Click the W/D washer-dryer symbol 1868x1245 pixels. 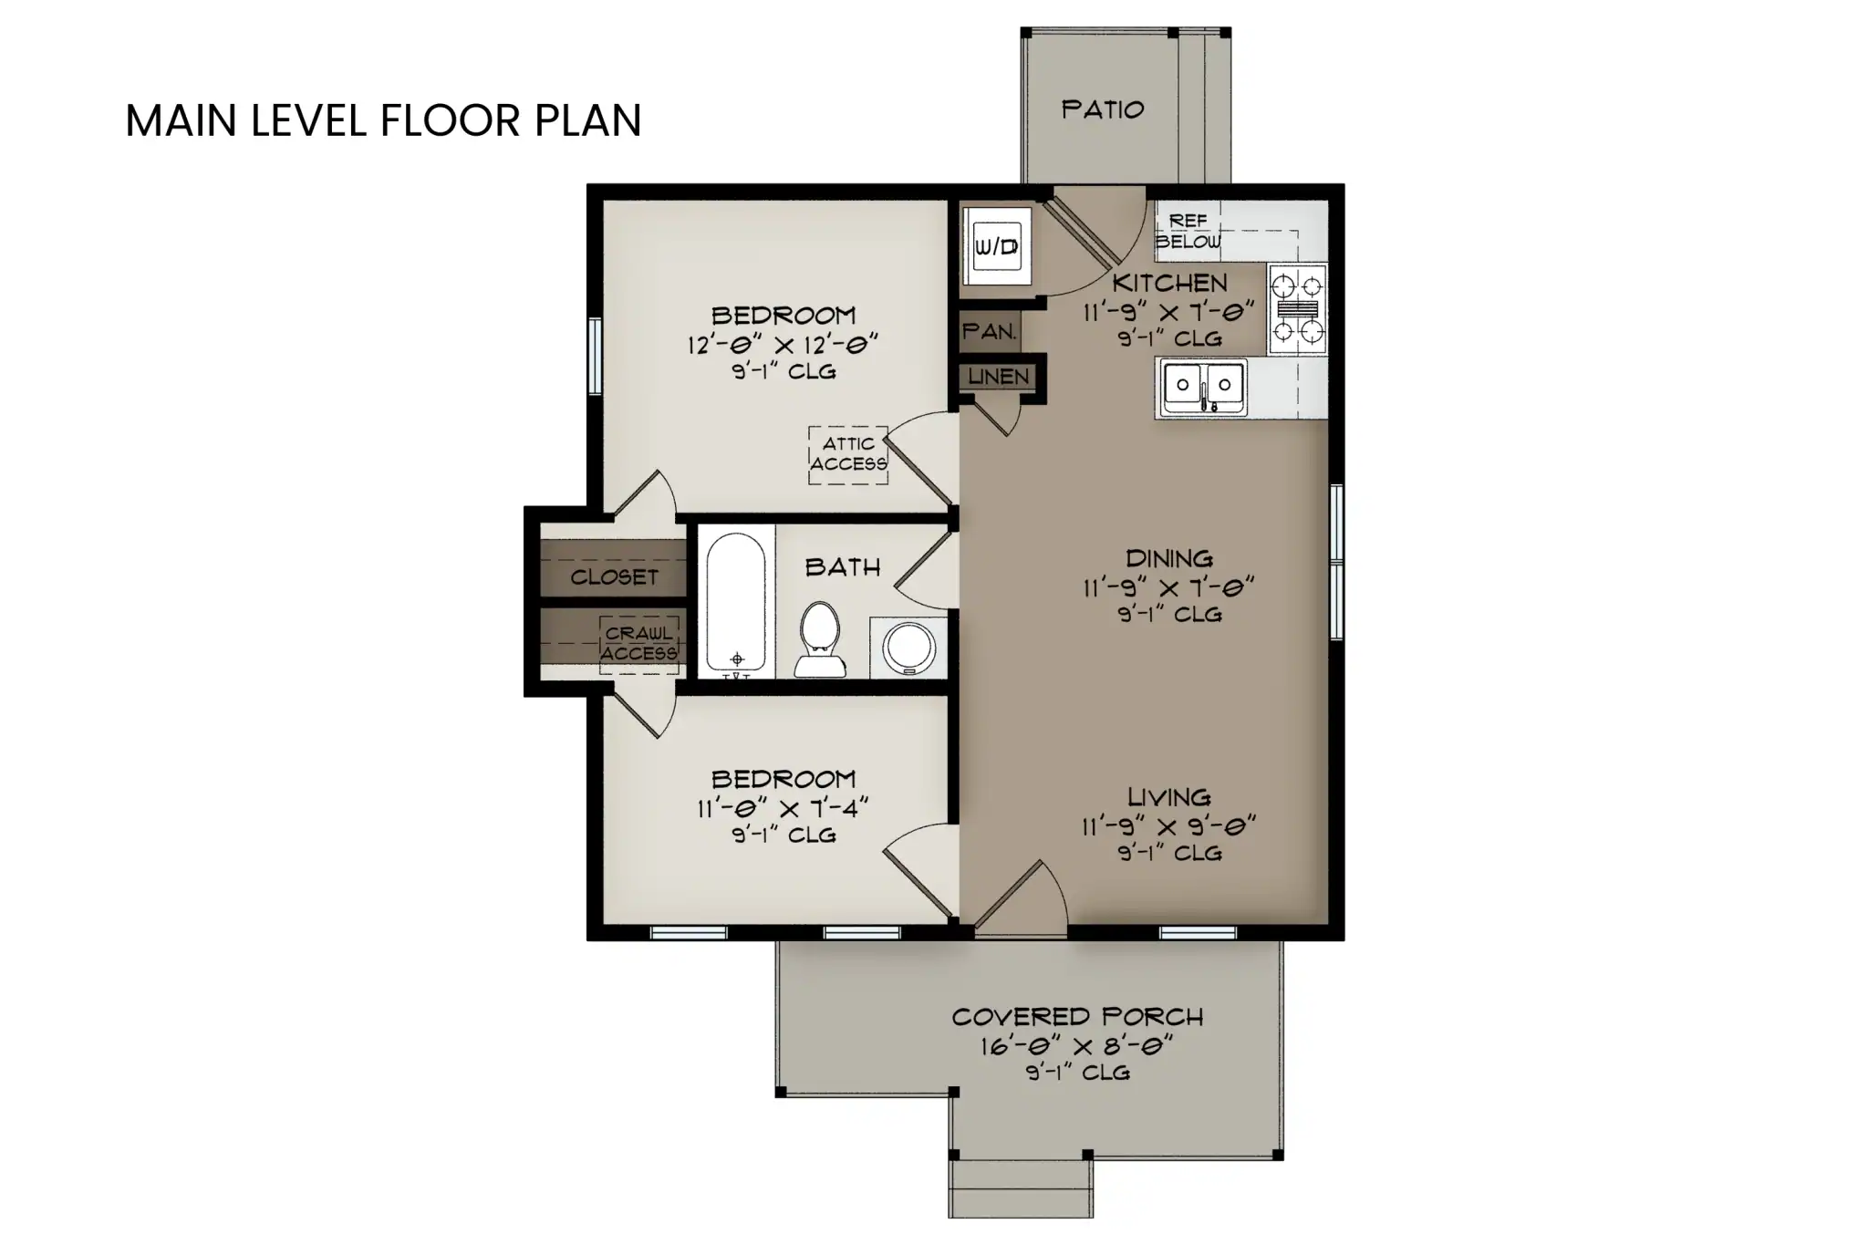click(x=996, y=246)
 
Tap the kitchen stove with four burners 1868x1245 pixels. click(x=1297, y=309)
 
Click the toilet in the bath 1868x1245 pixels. click(x=819, y=638)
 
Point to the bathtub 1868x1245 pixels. click(x=736, y=602)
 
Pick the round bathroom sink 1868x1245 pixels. click(x=908, y=648)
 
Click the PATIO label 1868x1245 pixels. click(x=1102, y=110)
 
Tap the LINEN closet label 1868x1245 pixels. click(x=998, y=377)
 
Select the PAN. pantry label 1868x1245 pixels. click(x=989, y=332)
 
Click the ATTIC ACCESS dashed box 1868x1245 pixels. click(x=848, y=454)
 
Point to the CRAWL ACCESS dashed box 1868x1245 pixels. click(x=638, y=644)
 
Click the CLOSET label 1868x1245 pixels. click(x=614, y=577)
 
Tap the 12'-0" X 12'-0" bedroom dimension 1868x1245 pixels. click(x=782, y=345)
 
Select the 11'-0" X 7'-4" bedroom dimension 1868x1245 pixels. click(x=782, y=808)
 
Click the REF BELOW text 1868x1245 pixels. click(x=1188, y=232)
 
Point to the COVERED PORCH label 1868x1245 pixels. click(x=1077, y=1017)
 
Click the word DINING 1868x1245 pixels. click(x=1168, y=558)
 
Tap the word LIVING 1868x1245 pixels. click(x=1168, y=797)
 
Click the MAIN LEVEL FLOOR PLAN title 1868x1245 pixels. click(x=383, y=120)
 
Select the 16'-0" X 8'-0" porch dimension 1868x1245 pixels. click(x=1076, y=1045)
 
